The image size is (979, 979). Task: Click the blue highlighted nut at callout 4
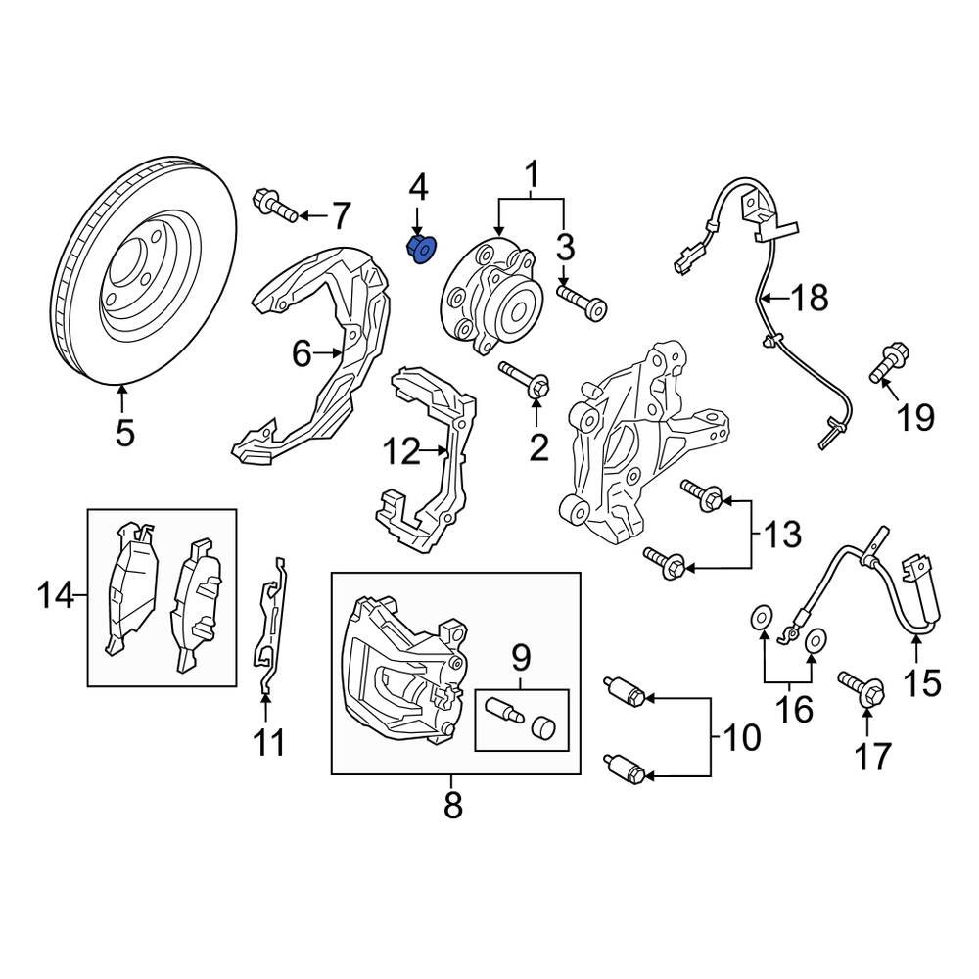pos(423,250)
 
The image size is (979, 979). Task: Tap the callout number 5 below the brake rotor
pos(124,432)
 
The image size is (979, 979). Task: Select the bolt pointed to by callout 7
pos(275,207)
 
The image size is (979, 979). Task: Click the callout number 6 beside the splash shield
pos(302,351)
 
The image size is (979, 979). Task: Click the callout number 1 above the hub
pos(534,177)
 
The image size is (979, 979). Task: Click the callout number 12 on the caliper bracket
pos(401,451)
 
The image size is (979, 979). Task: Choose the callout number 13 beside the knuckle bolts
pos(782,535)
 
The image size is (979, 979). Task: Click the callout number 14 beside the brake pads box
pos(57,594)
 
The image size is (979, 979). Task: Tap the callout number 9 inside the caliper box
pos(520,655)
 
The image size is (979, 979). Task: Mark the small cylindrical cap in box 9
pos(543,726)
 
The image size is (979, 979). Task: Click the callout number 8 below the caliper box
pos(452,806)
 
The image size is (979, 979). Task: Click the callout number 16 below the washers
pos(794,708)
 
